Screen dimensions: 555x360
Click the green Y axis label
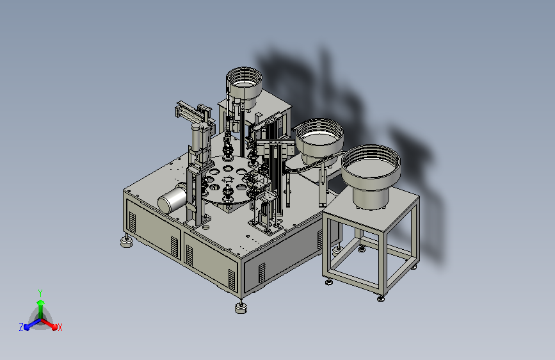pos(40,293)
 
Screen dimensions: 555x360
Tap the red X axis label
pos(60,327)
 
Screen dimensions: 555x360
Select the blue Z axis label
pos(21,327)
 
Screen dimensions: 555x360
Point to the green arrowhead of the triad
pos(41,303)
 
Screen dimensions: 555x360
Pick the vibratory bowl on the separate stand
pos(371,167)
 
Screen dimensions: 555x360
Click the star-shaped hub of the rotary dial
pos(228,180)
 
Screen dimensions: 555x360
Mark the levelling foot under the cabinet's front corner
pos(241,308)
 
